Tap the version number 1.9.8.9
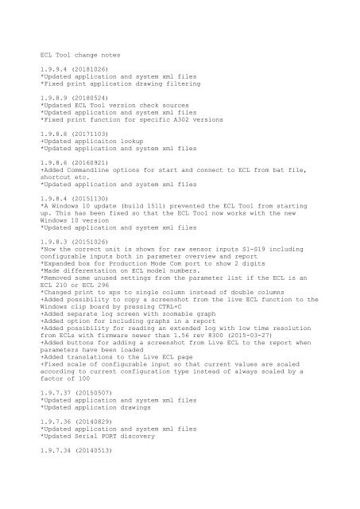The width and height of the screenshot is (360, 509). (56, 115)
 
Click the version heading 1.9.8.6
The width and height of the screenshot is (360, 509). (56, 181)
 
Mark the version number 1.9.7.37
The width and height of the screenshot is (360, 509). (58, 417)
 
